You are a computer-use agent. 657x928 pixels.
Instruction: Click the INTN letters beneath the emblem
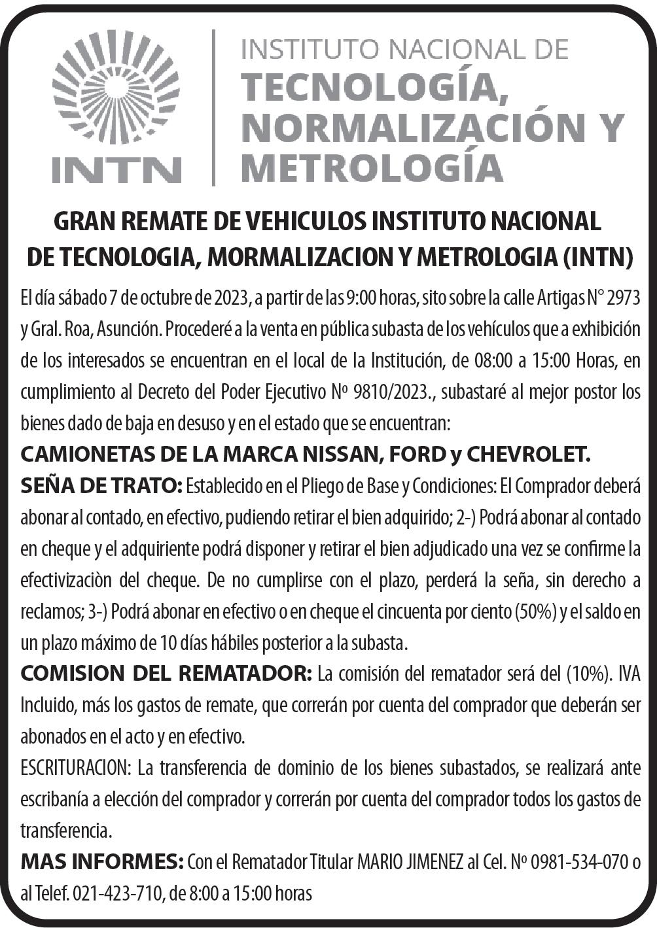pos(116,169)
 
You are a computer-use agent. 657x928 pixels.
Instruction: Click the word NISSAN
pos(333,453)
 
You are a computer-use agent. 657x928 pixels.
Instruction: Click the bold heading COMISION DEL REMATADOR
pos(166,674)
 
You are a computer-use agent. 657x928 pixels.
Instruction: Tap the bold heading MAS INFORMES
pos(101,862)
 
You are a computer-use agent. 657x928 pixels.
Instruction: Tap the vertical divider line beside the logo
pos(213,108)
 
